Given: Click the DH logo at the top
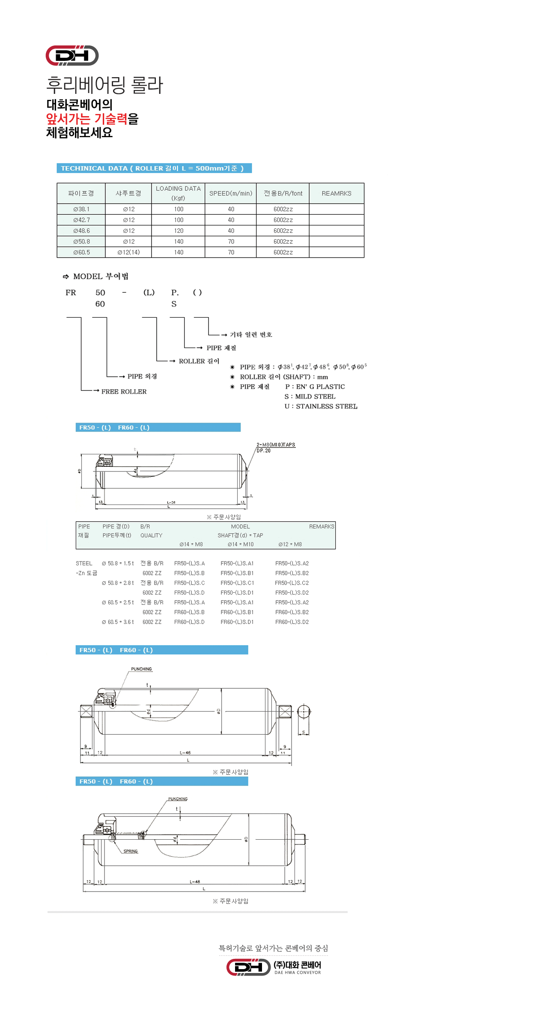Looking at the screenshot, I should (x=72, y=55).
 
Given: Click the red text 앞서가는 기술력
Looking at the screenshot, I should (x=86, y=119).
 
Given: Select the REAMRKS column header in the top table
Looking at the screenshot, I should (x=336, y=193).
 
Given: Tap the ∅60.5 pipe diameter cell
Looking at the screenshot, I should (x=81, y=252).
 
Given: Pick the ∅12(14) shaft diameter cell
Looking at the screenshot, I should (x=128, y=252).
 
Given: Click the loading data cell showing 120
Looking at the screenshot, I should (x=179, y=231).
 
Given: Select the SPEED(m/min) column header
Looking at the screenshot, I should (x=231, y=193).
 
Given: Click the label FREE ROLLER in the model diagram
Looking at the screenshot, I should (x=124, y=391).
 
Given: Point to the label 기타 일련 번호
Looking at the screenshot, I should (x=251, y=335).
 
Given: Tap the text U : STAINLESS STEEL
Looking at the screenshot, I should (x=321, y=406).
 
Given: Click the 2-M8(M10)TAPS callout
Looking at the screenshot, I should (x=276, y=444).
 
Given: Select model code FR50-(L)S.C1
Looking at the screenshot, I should (x=237, y=583).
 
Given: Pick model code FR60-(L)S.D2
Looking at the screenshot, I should (x=292, y=622).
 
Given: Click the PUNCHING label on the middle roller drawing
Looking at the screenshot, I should (x=141, y=669).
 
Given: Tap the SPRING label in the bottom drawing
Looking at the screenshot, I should (x=131, y=851).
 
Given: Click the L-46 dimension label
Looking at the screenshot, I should (x=185, y=753).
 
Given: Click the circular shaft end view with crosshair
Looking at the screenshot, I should (x=304, y=712).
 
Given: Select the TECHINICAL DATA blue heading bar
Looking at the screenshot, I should (x=154, y=168).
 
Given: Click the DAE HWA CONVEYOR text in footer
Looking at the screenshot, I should (x=298, y=973).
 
